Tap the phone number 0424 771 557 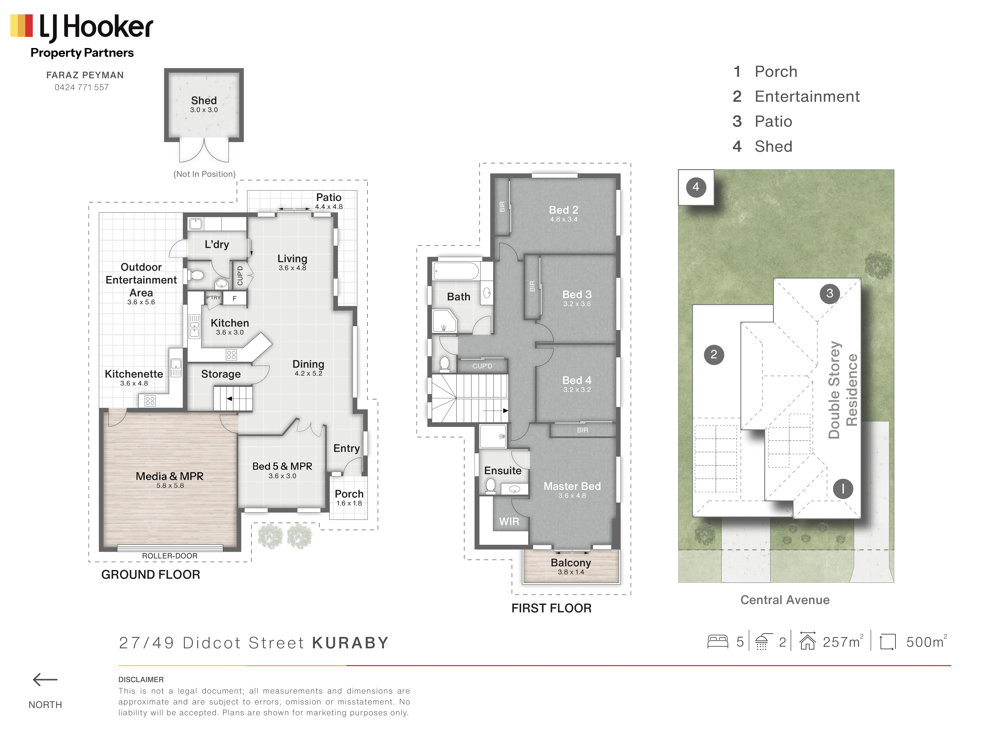pos(82,88)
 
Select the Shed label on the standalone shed pos(204,101)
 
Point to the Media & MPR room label pos(170,476)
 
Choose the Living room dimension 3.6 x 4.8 pos(293,268)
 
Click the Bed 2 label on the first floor pos(564,210)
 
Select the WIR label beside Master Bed pos(509,522)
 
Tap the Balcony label pos(571,563)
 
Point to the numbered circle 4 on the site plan pos(696,187)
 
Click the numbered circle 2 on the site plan pos(714,355)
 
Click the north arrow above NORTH pos(45,680)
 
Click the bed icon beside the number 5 pos(718,642)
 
